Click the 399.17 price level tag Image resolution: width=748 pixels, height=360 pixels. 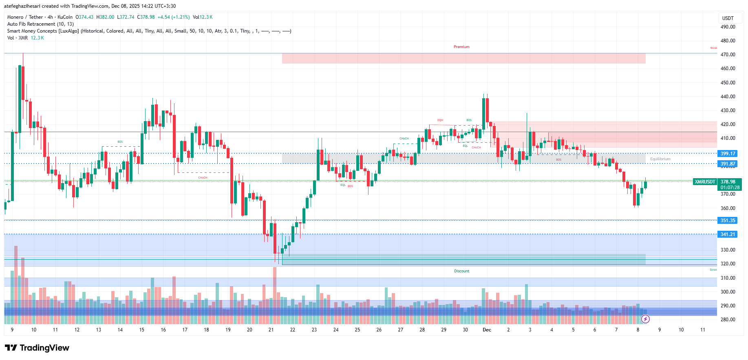728,154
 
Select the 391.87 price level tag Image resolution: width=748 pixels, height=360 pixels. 728,164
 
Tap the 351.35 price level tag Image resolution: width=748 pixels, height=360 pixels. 728,221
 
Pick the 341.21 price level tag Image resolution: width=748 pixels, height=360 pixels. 728,234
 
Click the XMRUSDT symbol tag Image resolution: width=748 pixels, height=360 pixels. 705,182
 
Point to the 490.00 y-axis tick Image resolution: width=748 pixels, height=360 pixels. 728,27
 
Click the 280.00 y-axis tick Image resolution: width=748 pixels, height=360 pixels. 728,320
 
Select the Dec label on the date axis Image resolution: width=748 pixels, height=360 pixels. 487,330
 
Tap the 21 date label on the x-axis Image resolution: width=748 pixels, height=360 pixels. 271,330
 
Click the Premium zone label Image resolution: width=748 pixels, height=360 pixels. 461,47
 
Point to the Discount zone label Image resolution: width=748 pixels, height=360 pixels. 461,271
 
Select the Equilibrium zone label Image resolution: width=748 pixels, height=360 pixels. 660,159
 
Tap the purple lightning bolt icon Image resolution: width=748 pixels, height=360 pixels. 645,319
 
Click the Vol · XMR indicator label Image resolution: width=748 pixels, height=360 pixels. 18,38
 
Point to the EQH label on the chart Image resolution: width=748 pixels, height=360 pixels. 440,120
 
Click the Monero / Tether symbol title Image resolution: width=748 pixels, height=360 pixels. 25,17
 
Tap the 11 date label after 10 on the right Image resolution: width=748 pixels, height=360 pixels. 702,330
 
